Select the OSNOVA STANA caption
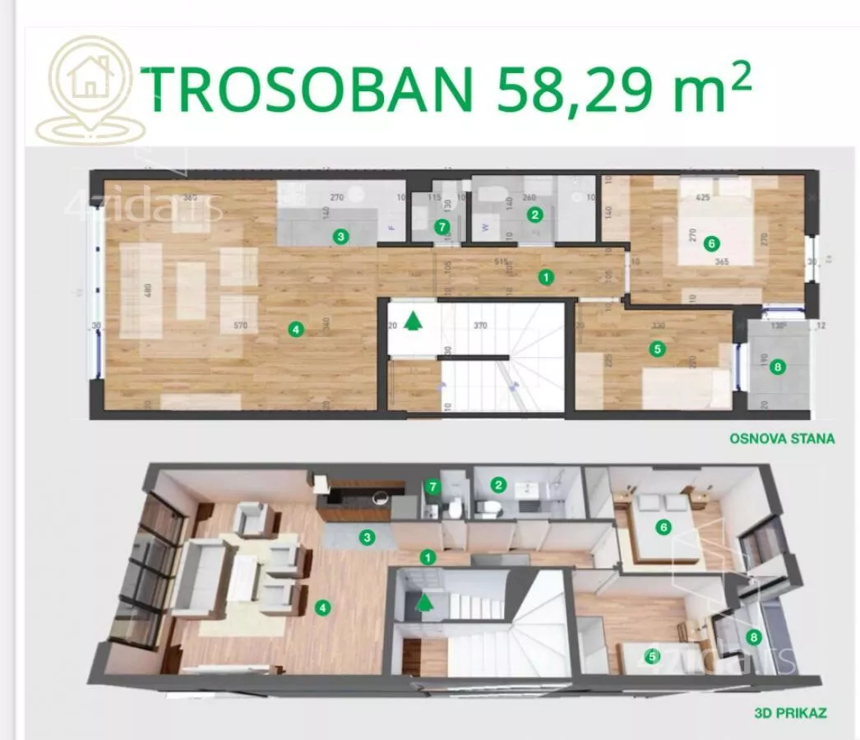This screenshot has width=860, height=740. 782,438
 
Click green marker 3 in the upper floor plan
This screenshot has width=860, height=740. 340,237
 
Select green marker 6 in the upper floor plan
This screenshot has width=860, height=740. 711,242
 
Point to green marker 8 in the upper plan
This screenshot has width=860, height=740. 778,367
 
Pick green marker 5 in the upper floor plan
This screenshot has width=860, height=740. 656,349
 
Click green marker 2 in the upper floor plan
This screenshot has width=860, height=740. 536,215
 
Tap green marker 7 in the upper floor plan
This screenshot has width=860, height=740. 442,225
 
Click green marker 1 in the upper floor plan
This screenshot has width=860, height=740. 545,277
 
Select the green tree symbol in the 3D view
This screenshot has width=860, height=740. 424,603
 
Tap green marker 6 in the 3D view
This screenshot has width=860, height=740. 663,527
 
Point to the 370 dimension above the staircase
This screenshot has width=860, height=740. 479,326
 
